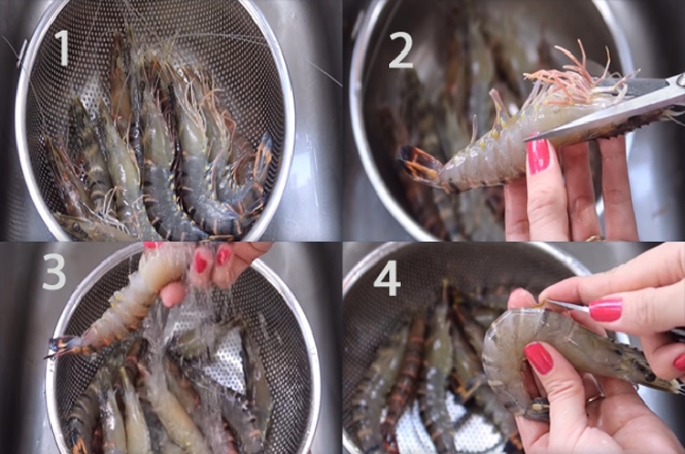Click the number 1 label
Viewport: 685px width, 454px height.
pos(62,48)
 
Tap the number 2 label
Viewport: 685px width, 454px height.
pos(400,51)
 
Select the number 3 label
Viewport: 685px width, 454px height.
pos(54,272)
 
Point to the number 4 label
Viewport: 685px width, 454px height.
pos(387,279)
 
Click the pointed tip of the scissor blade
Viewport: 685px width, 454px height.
pos(525,141)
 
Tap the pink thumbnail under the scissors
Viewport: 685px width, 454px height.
pos(538,155)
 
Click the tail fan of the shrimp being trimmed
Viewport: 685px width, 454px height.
pos(417,163)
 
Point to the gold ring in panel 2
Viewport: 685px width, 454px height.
pos(595,238)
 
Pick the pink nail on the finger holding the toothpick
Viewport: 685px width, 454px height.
pos(605,310)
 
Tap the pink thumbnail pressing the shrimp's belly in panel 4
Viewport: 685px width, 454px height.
pos(538,357)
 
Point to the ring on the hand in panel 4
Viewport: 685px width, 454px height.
pos(595,397)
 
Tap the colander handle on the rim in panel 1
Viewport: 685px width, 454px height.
pos(21,52)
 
